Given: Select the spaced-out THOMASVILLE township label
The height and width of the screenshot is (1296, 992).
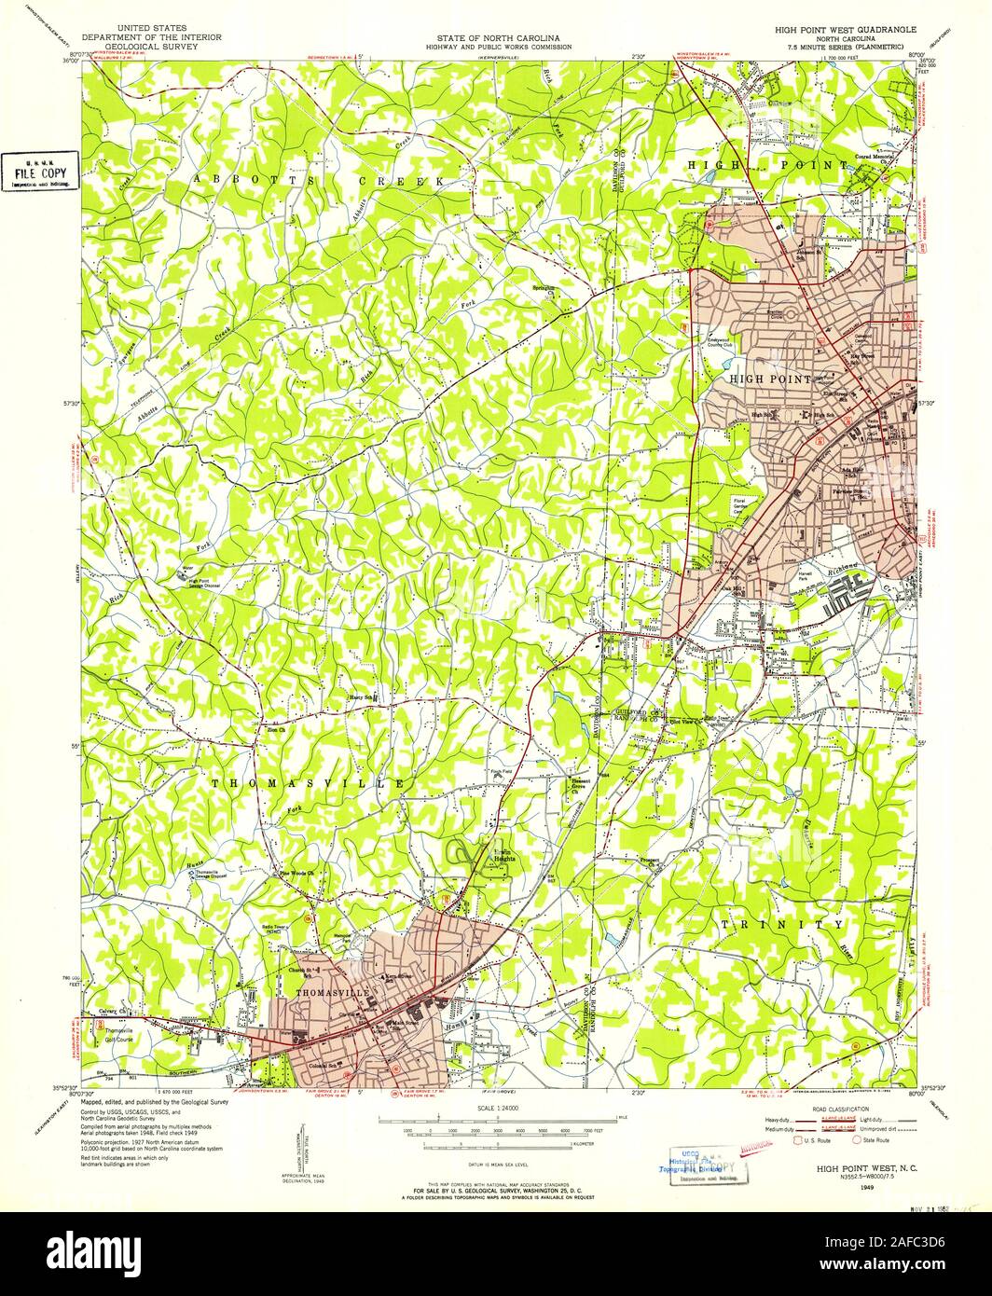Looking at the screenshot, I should (x=308, y=784).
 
